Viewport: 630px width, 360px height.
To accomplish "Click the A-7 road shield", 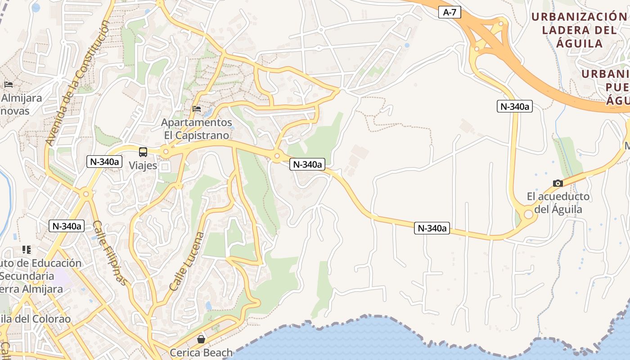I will tap(450, 13).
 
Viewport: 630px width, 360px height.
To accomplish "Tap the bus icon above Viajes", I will tap(143, 152).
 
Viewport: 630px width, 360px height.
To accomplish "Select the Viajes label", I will tap(143, 166).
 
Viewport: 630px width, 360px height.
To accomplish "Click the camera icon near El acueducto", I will tap(558, 183).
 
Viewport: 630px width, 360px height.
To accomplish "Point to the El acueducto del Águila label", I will tap(558, 203).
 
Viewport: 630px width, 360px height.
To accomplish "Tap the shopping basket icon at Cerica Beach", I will tap(201, 339).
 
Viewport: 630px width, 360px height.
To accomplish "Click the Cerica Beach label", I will tap(201, 352).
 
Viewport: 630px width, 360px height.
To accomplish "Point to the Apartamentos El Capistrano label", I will tap(196, 129).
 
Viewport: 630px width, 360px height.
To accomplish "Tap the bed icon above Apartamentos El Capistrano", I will tap(196, 109).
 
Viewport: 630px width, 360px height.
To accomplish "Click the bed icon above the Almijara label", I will tap(8, 84).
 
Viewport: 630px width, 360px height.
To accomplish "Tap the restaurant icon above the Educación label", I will tap(27, 250).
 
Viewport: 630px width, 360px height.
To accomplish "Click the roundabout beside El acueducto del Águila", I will tap(528, 215).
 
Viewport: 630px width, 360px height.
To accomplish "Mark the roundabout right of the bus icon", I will tap(166, 152).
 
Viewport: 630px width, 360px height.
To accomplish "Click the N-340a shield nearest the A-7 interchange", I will tap(515, 107).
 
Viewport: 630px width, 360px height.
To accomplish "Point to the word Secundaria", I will tap(27, 276).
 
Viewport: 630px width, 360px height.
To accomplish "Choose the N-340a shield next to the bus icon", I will tap(104, 162).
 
